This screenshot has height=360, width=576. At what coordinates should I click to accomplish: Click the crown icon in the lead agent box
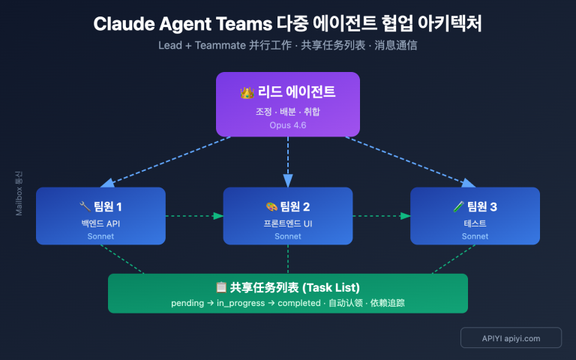(x=247, y=93)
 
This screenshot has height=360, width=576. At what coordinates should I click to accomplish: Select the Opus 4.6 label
(x=288, y=125)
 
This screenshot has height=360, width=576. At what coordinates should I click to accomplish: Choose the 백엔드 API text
(x=100, y=223)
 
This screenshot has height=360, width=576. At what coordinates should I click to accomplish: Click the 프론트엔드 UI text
(x=288, y=223)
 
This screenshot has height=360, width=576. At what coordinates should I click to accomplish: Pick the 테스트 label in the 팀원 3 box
(x=475, y=223)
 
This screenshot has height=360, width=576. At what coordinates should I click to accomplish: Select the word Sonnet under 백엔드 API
(x=100, y=236)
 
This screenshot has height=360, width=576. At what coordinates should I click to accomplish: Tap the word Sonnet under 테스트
(x=475, y=236)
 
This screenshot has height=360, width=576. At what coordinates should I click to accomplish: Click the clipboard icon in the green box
(x=221, y=287)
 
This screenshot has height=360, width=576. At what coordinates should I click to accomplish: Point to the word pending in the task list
(x=188, y=303)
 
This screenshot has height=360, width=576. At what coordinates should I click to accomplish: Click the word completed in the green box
(x=300, y=303)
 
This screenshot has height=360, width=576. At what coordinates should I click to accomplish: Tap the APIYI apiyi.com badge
(x=511, y=338)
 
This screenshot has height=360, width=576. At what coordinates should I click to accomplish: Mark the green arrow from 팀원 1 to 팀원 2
(x=194, y=216)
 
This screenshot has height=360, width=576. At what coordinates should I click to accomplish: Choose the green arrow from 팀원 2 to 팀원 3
(x=381, y=216)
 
